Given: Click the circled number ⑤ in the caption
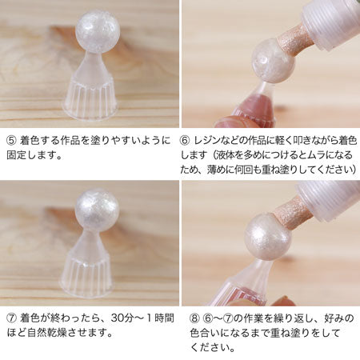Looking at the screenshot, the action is click(x=12, y=141).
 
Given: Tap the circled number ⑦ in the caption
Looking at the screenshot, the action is click(x=12, y=318).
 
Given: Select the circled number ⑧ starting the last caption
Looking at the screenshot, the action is click(x=195, y=318).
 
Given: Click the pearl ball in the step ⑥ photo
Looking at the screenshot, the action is click(x=273, y=61).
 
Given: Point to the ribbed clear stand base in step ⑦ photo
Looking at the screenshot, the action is click(x=87, y=276).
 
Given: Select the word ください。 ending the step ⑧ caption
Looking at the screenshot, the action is click(x=213, y=347).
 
